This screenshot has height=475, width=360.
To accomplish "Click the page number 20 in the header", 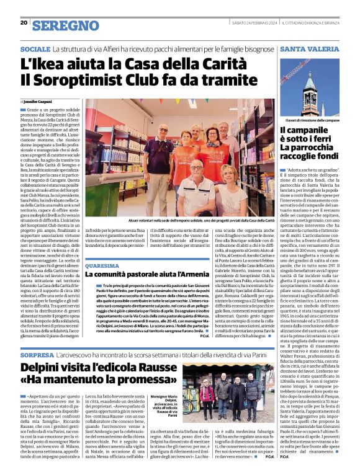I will (x=24, y=24).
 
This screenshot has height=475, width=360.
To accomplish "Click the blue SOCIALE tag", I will (x=35, y=48).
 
